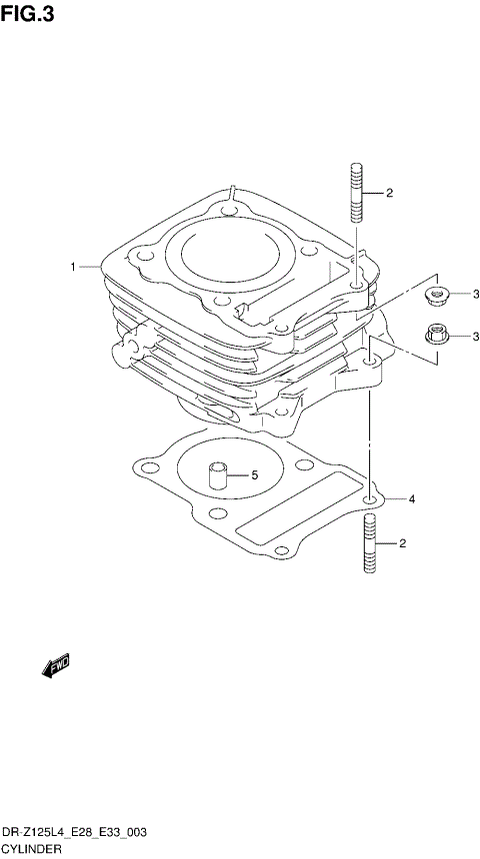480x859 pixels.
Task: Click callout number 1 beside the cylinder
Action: tap(73, 267)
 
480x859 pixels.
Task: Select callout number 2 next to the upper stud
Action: tap(389, 193)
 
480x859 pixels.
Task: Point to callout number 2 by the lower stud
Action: tap(402, 543)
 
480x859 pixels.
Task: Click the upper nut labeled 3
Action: tap(436, 294)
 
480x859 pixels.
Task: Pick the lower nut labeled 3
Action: tap(436, 336)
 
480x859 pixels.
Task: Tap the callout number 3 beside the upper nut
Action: tap(476, 294)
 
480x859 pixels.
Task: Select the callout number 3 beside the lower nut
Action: tap(476, 337)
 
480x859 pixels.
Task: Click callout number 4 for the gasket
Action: tap(411, 498)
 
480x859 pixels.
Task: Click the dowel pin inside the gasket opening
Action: tap(217, 473)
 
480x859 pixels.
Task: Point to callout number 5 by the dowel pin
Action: tap(254, 475)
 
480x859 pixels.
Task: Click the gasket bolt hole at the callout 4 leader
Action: tap(371, 497)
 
